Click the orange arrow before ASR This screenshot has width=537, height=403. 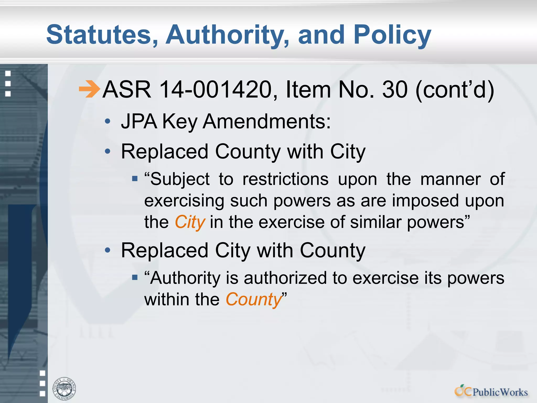tap(89, 89)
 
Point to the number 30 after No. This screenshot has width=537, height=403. tap(395, 90)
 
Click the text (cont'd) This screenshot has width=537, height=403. tap(455, 90)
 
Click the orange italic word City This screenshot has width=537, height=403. tap(190, 222)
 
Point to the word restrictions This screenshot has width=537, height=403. tap(286, 179)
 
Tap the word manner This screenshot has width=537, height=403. tap(450, 179)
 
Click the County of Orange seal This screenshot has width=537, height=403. tap(64, 389)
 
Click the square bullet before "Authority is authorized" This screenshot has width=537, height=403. tap(135, 278)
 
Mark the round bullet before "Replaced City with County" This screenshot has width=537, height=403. tap(108, 250)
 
